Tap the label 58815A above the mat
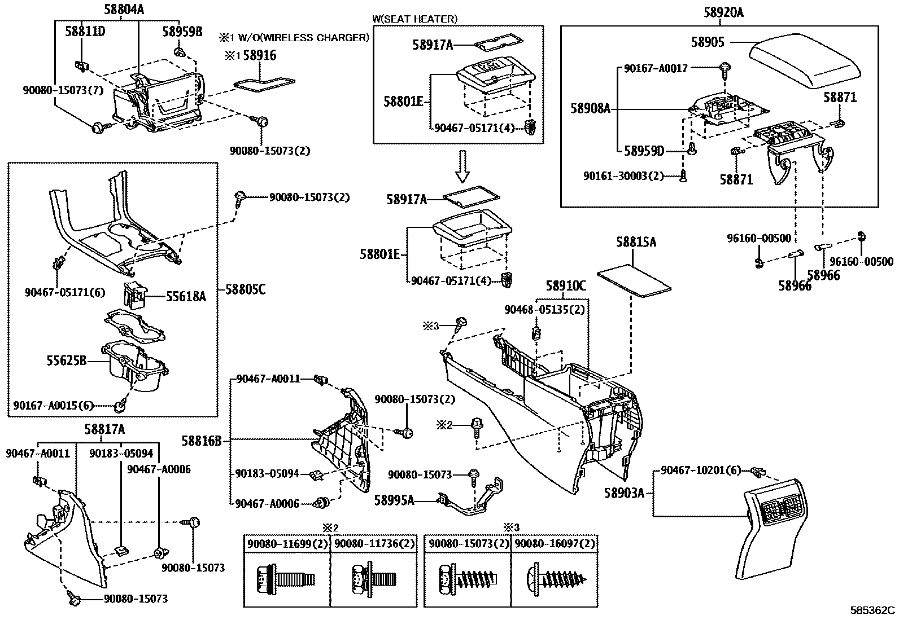click(636, 242)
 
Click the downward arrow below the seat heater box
click(462, 165)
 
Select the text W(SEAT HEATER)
click(414, 19)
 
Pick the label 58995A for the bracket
click(394, 499)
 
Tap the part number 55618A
click(186, 295)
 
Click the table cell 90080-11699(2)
click(286, 544)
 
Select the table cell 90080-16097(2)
click(554, 544)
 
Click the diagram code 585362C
click(873, 610)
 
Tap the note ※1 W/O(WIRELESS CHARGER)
click(294, 38)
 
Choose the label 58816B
click(202, 440)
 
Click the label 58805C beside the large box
click(245, 289)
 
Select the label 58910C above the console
click(566, 286)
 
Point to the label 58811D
click(85, 31)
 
